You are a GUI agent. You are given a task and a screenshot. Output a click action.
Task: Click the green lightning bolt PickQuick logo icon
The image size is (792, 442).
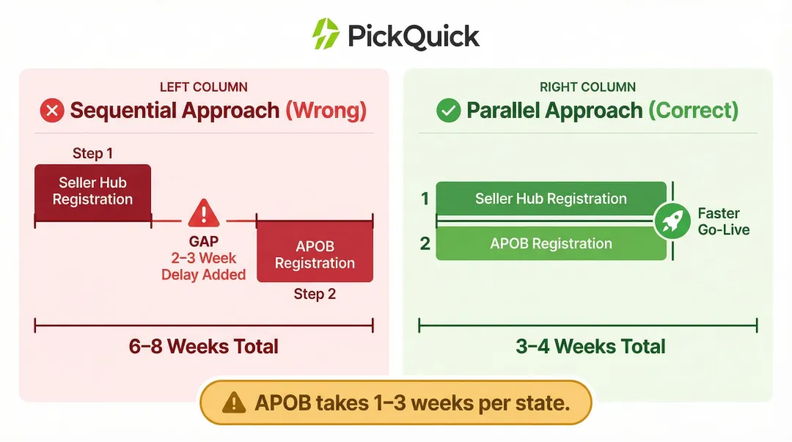pos(326,34)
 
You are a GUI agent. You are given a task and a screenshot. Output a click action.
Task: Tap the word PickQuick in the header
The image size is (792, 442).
pos(414,35)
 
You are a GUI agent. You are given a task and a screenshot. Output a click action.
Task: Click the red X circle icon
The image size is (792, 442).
pos(52,111)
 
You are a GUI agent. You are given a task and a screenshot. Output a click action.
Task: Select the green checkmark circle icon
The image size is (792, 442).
pos(448,111)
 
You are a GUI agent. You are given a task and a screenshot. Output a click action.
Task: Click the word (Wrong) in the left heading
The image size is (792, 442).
pos(326,111)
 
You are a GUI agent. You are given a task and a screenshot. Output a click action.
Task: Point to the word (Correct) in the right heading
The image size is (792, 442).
pos(693,111)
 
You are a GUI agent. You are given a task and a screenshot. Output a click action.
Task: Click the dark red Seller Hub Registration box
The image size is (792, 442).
pos(92,191)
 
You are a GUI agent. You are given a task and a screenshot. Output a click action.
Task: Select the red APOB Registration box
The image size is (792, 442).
pos(315,254)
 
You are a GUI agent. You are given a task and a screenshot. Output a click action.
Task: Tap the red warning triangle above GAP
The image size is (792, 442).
pos(203,213)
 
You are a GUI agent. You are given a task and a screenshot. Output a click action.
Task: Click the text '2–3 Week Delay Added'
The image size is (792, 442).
pos(203,266)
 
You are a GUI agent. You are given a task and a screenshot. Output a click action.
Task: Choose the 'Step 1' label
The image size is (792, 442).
pos(92,153)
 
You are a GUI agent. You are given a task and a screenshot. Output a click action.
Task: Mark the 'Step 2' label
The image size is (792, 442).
pos(315,294)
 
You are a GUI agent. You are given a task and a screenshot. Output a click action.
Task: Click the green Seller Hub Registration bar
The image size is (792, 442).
pos(551,199)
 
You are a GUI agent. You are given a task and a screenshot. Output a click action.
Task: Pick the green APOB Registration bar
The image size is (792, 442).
pos(551,244)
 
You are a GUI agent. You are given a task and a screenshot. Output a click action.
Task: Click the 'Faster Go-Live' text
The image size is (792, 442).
pos(722,221)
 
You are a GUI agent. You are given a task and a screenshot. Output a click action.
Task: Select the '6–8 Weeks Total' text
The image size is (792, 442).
pos(203,346)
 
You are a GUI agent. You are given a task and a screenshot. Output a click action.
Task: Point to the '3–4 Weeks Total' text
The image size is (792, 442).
pos(590,346)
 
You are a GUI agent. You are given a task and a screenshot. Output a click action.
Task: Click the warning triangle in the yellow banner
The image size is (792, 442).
pos(233,402)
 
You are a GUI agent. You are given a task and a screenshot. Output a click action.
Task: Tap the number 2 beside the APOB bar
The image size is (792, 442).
pos(425,244)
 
